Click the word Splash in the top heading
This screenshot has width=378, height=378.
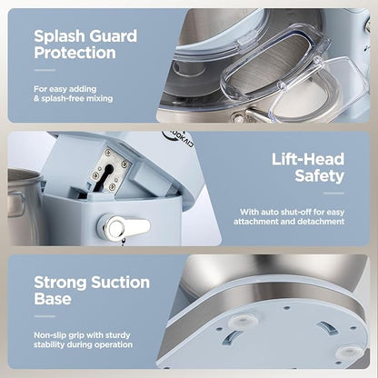coord(60,36)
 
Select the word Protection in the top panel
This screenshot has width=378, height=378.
coord(75,53)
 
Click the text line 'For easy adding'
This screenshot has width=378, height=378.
coord(65,89)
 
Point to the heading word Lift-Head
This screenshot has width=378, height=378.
coord(308,159)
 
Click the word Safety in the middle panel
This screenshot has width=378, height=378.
coord(320,176)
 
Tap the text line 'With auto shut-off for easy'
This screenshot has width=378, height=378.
coord(293,212)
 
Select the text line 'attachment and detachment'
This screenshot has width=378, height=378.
coord(289,222)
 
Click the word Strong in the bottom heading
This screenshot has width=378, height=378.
coord(60,283)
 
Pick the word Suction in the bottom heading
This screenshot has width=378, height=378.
coord(121,283)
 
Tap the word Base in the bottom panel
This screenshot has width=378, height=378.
coord(53,298)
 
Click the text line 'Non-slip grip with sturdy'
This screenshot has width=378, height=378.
coord(82,335)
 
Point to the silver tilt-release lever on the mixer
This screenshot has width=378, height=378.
coord(124,226)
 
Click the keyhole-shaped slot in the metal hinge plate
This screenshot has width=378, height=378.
coord(105,176)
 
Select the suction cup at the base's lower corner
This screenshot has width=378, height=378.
coord(350,353)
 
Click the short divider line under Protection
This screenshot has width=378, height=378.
coord(45,70)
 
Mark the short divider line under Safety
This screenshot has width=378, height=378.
coord(333,194)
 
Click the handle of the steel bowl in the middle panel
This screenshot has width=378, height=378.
coord(17,204)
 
